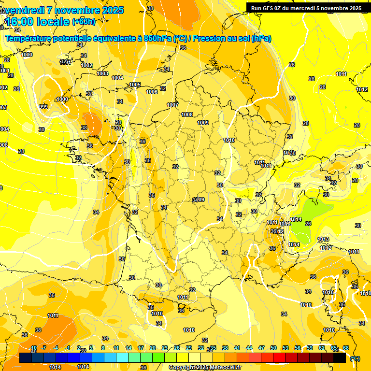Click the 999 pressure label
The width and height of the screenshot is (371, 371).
43,107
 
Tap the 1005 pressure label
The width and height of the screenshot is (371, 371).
135,85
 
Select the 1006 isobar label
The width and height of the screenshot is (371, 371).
152,92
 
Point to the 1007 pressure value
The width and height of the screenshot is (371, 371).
172,105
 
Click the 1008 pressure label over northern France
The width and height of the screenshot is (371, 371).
187,114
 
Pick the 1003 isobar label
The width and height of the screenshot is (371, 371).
102,73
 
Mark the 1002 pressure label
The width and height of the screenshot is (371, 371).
86,65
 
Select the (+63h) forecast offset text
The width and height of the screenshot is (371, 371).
84,22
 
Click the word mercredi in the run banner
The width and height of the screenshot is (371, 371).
301,8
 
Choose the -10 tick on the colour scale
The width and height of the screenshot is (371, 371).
33,348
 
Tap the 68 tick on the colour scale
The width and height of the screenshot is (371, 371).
346,348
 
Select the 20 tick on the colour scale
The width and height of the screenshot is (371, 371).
153,348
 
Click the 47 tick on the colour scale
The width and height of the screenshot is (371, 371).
261,348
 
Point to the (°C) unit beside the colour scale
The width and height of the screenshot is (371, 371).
355,358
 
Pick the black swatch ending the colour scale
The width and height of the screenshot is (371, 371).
340,358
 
